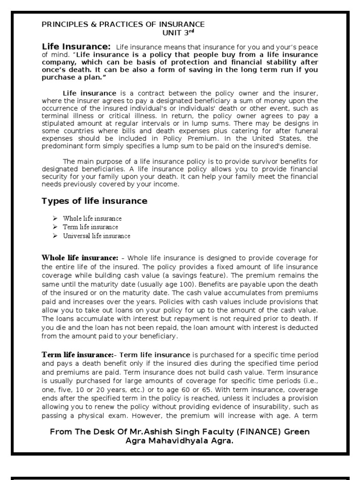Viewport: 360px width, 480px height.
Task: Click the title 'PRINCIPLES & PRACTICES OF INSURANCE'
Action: click(123, 24)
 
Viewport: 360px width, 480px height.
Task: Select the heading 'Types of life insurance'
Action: click(94, 201)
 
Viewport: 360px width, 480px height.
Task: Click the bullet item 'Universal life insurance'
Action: click(97, 236)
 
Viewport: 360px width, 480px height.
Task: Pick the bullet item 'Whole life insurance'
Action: click(92, 218)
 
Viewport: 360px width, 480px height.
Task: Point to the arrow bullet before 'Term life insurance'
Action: click(54, 227)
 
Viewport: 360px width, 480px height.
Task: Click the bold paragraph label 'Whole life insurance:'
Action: click(80, 257)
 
